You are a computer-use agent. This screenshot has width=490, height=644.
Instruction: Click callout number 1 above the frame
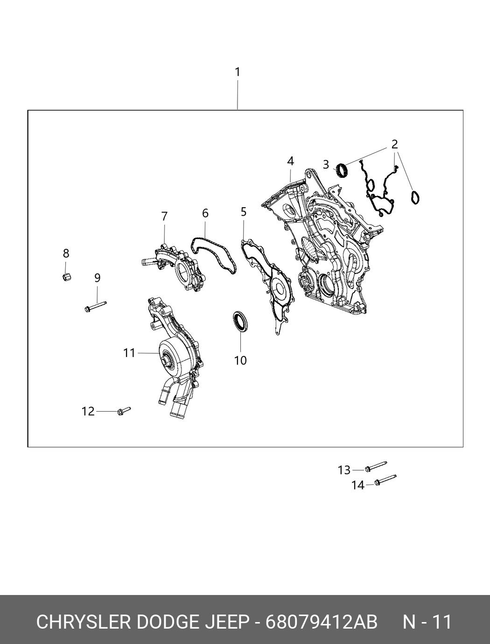(x=238, y=72)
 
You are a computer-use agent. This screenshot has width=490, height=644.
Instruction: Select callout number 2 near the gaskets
(x=395, y=144)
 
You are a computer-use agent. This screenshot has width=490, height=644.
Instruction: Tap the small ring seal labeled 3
(x=342, y=170)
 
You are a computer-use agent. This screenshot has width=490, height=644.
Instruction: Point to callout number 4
(x=290, y=161)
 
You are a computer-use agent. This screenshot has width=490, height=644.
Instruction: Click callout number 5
(x=244, y=212)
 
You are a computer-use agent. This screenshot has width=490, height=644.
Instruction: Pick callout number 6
(x=205, y=213)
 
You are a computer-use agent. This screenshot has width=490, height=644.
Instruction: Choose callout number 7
(x=164, y=217)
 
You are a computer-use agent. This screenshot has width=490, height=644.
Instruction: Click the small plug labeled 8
(x=67, y=277)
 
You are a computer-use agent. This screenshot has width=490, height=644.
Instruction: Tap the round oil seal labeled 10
(x=241, y=321)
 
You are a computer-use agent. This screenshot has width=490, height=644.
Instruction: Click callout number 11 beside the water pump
(x=129, y=353)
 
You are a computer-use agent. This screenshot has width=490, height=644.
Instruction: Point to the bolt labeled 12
(x=124, y=411)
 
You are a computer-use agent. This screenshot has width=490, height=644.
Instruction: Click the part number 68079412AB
(x=321, y=622)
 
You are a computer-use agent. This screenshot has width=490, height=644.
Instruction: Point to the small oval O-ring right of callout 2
(x=415, y=197)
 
